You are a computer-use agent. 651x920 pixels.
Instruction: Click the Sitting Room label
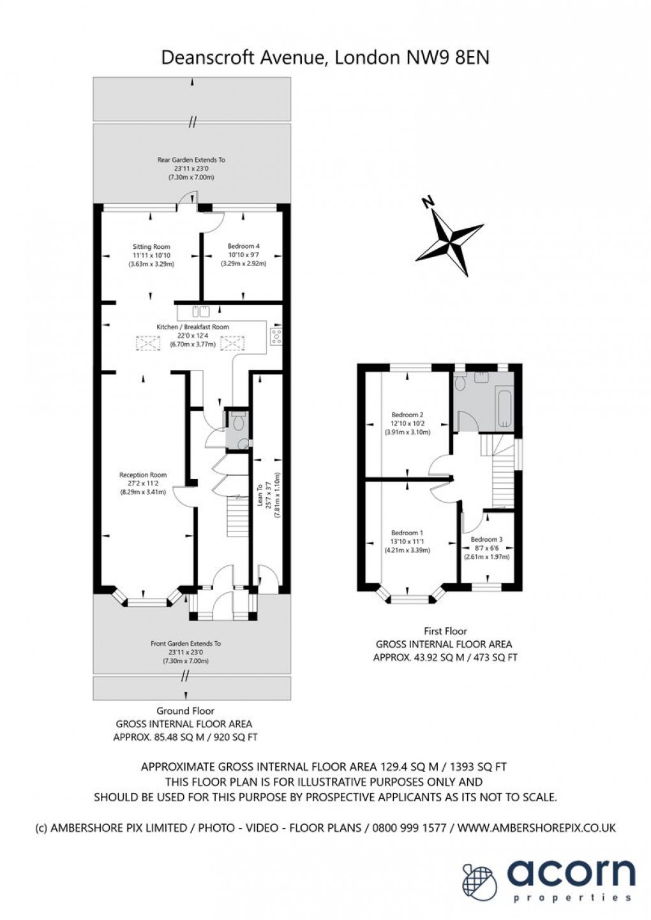point(151,246)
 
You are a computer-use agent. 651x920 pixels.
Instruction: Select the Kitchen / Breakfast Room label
point(193,327)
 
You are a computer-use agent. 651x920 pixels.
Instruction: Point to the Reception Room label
point(143,475)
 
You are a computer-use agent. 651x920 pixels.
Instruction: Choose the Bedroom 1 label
point(407,533)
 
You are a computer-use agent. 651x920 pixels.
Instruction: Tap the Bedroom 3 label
point(486,539)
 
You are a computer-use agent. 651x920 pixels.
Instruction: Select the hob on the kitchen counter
point(278,336)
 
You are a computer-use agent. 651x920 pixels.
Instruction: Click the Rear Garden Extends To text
point(191,160)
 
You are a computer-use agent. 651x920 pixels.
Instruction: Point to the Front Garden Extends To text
point(186,644)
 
